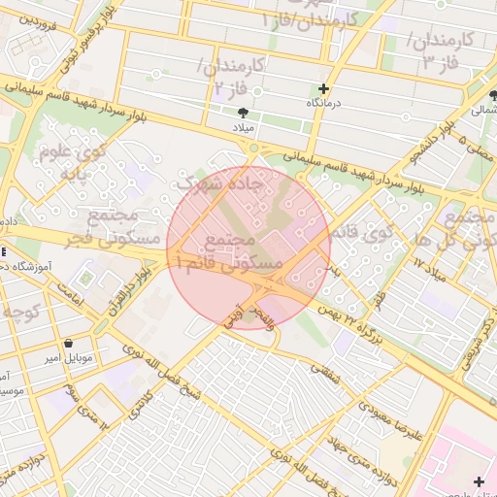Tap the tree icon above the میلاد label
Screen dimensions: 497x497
243,114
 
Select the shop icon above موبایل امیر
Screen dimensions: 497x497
69,344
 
